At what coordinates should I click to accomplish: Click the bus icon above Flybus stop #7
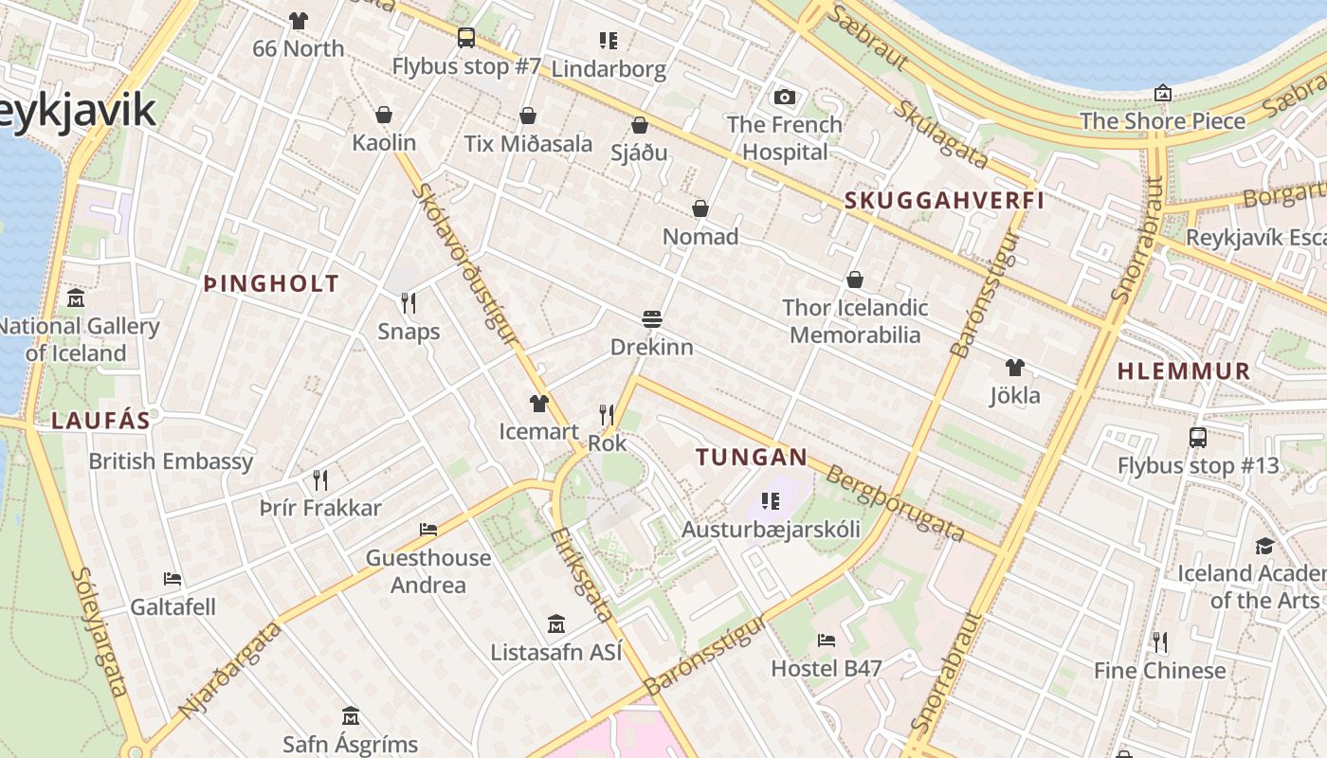pyautogui.click(x=465, y=38)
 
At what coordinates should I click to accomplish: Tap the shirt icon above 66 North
pyautogui.click(x=299, y=20)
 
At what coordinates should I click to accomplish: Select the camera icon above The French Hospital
pyautogui.click(x=784, y=97)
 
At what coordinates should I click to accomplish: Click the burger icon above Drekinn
pyautogui.click(x=651, y=319)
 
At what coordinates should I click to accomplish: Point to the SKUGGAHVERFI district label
pyautogui.click(x=944, y=200)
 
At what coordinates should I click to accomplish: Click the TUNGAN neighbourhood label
pyautogui.click(x=752, y=457)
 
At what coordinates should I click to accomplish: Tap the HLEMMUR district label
pyautogui.click(x=1184, y=370)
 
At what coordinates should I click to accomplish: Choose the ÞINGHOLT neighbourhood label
pyautogui.click(x=271, y=283)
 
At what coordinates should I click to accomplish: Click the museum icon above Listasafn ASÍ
pyautogui.click(x=556, y=624)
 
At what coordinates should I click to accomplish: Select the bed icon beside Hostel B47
pyautogui.click(x=827, y=641)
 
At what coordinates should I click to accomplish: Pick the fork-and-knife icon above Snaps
pyautogui.click(x=409, y=303)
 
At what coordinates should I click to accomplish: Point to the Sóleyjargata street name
pyautogui.click(x=99, y=631)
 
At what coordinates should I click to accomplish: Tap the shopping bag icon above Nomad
pyautogui.click(x=700, y=208)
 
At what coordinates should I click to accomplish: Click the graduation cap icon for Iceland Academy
pyautogui.click(x=1264, y=546)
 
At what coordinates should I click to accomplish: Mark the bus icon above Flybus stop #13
pyautogui.click(x=1197, y=438)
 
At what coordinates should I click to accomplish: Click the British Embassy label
pyautogui.click(x=171, y=461)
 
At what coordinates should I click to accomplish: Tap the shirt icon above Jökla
pyautogui.click(x=1015, y=368)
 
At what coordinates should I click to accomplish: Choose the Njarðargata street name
pyautogui.click(x=230, y=669)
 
